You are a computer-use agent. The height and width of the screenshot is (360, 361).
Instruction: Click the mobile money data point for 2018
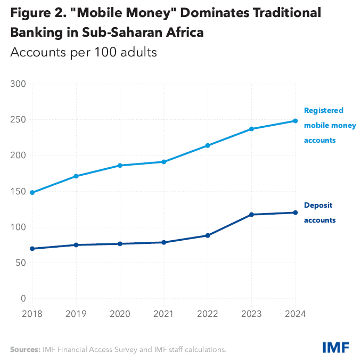click(32, 192)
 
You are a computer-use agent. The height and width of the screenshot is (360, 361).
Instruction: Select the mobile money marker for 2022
click(208, 145)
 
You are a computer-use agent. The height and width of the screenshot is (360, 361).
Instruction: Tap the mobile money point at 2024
click(295, 121)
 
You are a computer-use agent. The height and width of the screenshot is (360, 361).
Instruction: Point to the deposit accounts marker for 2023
click(251, 215)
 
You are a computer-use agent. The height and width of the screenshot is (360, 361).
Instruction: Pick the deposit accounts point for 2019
click(76, 245)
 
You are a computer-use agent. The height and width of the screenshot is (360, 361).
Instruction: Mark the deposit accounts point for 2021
click(164, 242)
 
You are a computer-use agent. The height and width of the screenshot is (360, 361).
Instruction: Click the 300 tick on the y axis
click(19, 84)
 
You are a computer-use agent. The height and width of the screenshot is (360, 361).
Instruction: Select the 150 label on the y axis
click(19, 191)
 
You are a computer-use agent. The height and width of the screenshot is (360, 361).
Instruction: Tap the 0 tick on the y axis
click(23, 299)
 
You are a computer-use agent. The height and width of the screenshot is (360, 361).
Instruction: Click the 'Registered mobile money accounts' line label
click(330, 126)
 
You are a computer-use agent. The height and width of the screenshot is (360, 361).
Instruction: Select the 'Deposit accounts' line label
click(320, 212)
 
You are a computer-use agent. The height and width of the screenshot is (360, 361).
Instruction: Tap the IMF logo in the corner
click(335, 348)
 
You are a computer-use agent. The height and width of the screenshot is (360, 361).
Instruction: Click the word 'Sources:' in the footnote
click(24, 349)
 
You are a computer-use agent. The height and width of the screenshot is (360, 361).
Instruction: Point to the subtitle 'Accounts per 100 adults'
click(83, 53)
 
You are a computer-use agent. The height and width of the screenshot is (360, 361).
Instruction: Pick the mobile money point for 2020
click(120, 166)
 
